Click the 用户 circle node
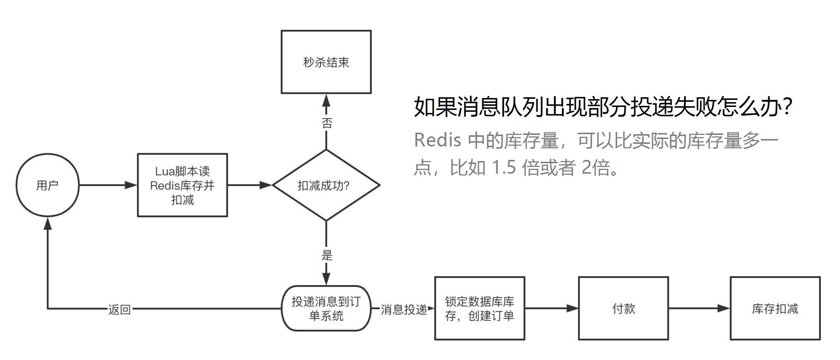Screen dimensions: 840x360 click(x=48, y=185)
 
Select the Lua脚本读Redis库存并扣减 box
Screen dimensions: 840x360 click(x=183, y=185)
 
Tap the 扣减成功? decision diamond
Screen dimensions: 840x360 click(x=326, y=185)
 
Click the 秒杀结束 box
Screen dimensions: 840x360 click(x=326, y=62)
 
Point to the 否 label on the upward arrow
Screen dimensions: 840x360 click(x=327, y=123)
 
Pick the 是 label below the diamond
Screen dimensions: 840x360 click(x=327, y=255)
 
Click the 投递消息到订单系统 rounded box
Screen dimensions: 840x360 click(x=326, y=308)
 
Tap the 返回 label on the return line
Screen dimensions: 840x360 click(x=119, y=309)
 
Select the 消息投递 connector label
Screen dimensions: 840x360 click(x=404, y=309)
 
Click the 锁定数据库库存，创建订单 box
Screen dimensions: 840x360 click(x=480, y=308)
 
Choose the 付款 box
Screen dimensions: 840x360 click(x=623, y=308)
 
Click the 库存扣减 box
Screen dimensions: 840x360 click(x=775, y=308)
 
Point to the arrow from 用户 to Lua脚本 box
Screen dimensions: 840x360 click(x=108, y=185)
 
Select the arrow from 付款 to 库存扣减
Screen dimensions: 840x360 click(x=700, y=308)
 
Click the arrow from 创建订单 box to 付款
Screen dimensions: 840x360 click(x=552, y=308)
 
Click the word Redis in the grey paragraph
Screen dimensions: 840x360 click(x=438, y=140)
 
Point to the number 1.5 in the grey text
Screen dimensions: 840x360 click(x=504, y=168)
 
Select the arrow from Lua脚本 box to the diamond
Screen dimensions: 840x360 click(x=250, y=185)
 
